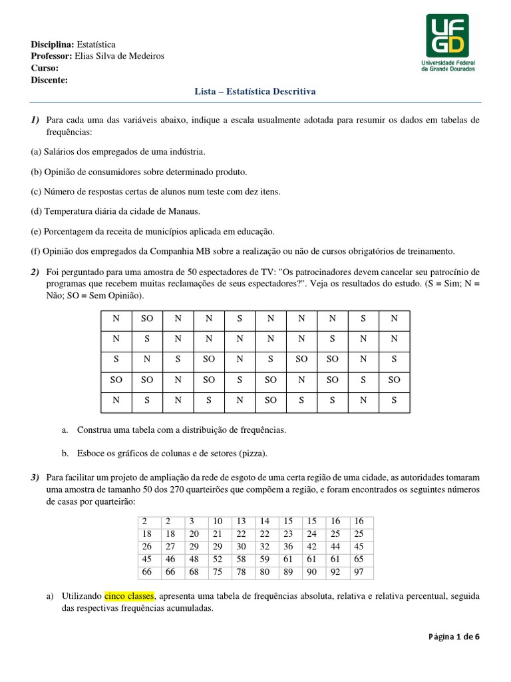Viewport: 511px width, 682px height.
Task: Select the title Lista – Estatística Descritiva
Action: pyautogui.click(x=255, y=91)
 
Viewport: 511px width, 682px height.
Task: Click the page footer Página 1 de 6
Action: pyautogui.click(x=453, y=636)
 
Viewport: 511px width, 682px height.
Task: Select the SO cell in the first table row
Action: pyautogui.click(x=147, y=318)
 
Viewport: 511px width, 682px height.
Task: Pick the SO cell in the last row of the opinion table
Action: pyautogui.click(x=271, y=401)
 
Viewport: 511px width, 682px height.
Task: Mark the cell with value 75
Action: pyautogui.click(x=217, y=573)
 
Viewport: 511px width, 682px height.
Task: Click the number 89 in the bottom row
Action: pyautogui.click(x=288, y=573)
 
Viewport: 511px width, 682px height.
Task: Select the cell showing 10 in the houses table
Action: pyautogui.click(x=217, y=521)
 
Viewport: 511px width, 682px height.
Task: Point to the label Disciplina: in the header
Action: pyautogui.click(x=53, y=43)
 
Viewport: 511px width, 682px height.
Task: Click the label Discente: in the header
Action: pyautogui.click(x=49, y=79)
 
